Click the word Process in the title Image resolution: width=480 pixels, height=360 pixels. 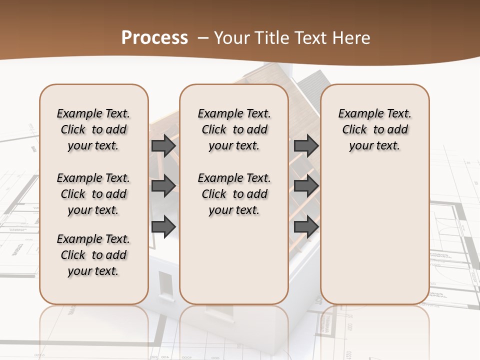(x=154, y=38)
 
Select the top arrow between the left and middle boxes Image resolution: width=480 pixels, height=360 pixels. (x=163, y=145)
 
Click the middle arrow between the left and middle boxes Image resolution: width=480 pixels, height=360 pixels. (x=163, y=186)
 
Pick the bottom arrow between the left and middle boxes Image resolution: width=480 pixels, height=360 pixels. (x=163, y=226)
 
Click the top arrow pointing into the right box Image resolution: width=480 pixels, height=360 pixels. (x=306, y=145)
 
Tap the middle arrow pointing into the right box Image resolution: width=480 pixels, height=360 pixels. (x=306, y=186)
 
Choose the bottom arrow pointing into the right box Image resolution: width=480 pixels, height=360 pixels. (x=306, y=226)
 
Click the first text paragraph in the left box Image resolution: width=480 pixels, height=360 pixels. (x=93, y=129)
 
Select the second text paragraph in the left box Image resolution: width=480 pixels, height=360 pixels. (x=93, y=194)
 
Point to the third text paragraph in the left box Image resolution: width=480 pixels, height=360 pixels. (x=93, y=255)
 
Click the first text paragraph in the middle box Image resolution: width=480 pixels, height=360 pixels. (x=234, y=129)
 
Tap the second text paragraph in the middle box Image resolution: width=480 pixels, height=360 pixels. (x=234, y=194)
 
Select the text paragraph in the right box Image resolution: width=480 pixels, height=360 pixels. (x=374, y=129)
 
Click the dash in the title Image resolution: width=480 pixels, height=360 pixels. (x=202, y=38)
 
